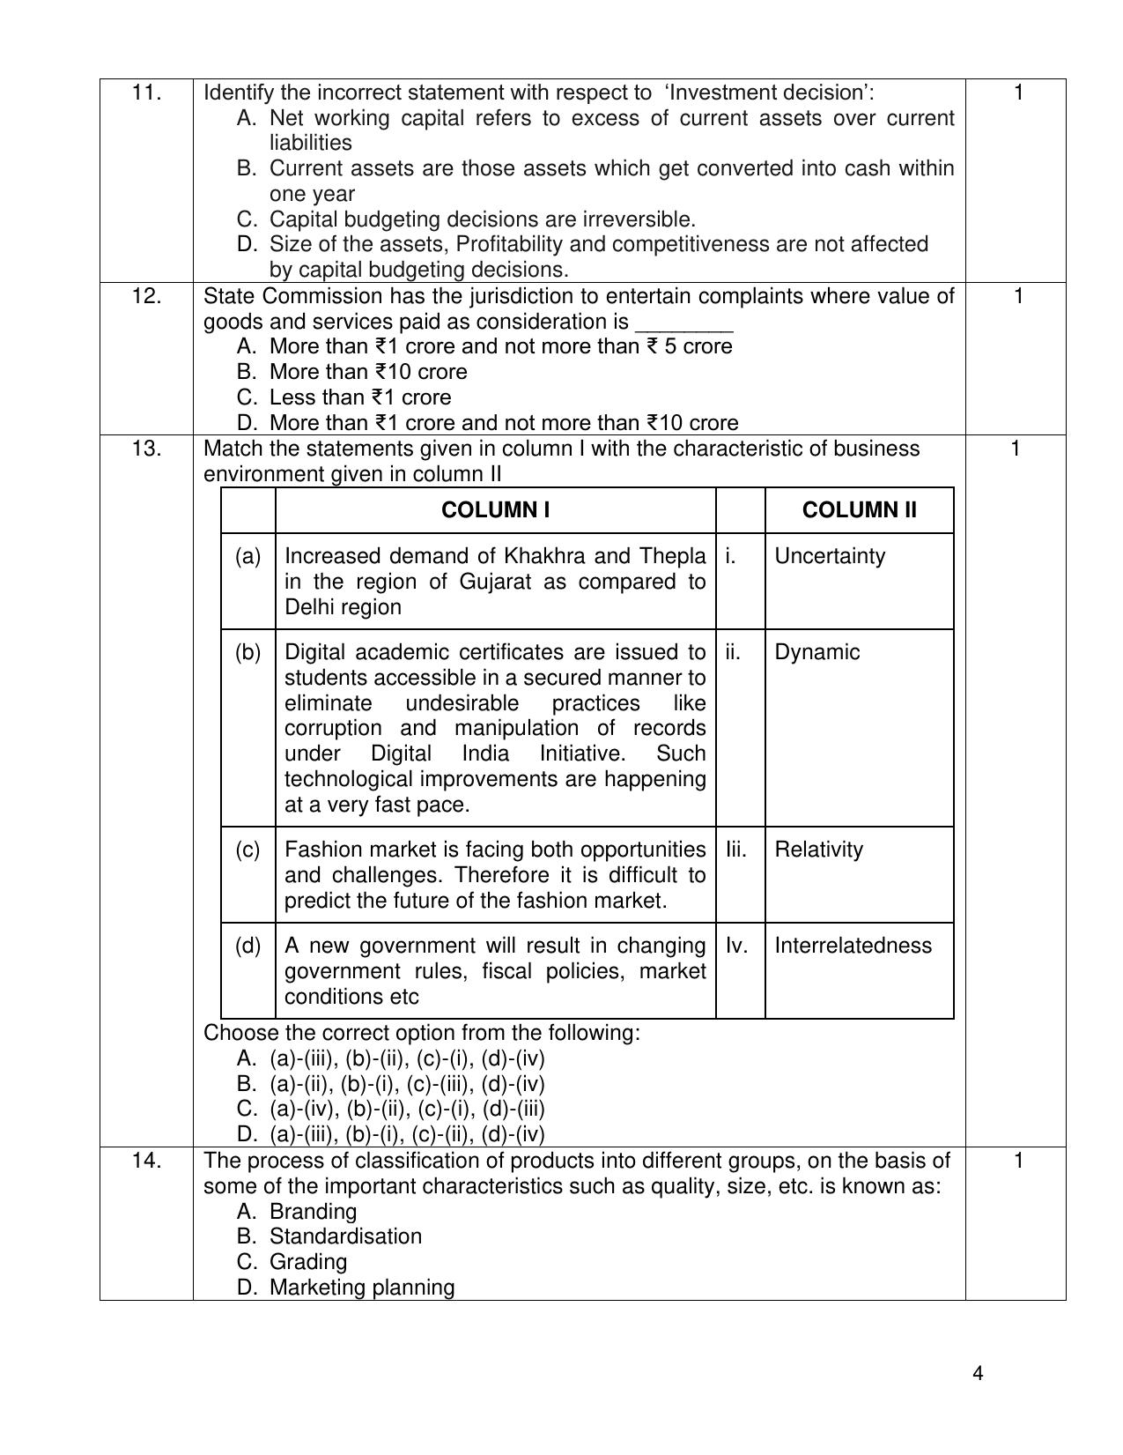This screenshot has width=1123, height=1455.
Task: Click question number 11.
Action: (x=146, y=93)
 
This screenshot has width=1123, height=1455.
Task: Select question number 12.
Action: (x=146, y=296)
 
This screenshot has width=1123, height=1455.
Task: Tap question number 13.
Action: (x=146, y=449)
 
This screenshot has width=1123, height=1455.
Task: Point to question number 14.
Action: (x=146, y=1161)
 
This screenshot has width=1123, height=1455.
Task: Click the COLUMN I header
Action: (x=495, y=510)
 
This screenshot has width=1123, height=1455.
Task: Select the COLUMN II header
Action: (x=859, y=510)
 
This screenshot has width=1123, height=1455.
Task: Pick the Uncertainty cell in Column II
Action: (x=830, y=556)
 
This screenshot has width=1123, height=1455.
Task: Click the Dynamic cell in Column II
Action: (x=816, y=652)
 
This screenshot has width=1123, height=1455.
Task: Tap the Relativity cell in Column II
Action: (x=818, y=850)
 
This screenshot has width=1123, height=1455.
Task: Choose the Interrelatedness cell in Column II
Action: (x=853, y=946)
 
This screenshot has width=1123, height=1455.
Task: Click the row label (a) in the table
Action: (x=248, y=556)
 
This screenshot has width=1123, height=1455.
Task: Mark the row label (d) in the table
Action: (x=248, y=946)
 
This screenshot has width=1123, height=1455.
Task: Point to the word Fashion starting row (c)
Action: (x=318, y=850)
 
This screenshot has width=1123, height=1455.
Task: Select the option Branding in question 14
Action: (x=313, y=1212)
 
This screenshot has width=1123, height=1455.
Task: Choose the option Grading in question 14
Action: (x=307, y=1262)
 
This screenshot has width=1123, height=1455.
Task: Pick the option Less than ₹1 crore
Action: (x=359, y=397)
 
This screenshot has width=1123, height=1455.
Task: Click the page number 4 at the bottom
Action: (x=979, y=1374)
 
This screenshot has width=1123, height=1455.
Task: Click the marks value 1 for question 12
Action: (x=1018, y=296)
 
